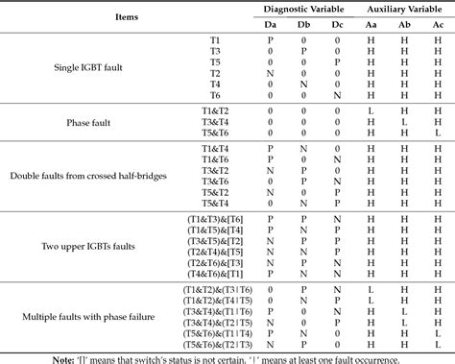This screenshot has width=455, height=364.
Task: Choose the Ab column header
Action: point(405,24)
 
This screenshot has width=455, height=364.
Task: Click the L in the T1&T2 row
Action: point(371,110)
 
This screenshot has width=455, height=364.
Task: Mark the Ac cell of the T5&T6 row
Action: point(439,134)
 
